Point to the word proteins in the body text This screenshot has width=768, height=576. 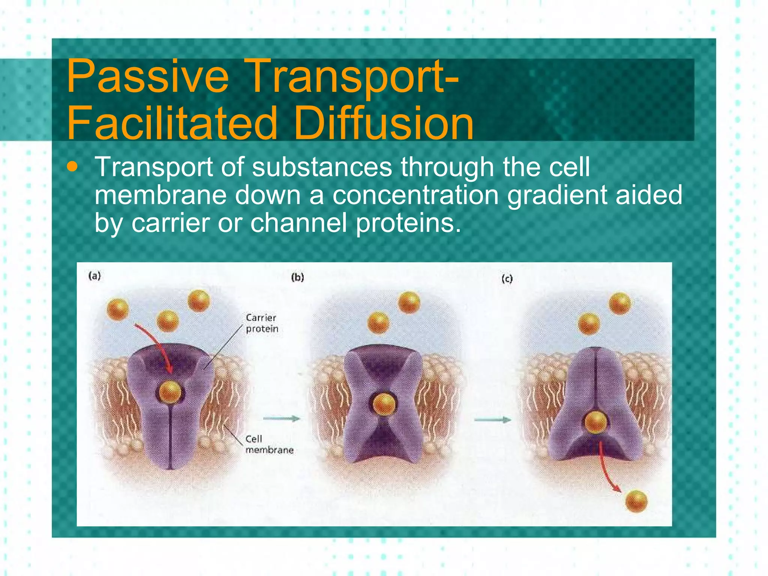pyautogui.click(x=408, y=223)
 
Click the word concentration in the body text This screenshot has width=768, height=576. pyautogui.click(x=415, y=195)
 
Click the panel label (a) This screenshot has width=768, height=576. pyautogui.click(x=94, y=276)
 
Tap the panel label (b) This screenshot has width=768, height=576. pyautogui.click(x=297, y=277)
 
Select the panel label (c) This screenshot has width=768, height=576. pyautogui.click(x=507, y=279)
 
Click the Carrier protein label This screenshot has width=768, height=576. pyautogui.click(x=262, y=323)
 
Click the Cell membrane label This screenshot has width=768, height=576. pyautogui.click(x=268, y=444)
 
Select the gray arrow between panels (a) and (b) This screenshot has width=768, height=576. pyautogui.click(x=281, y=418)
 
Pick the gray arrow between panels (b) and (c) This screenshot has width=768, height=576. pyautogui.click(x=492, y=420)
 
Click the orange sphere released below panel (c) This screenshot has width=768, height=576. pyautogui.click(x=636, y=501)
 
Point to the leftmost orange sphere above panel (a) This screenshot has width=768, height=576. pyautogui.click(x=118, y=309)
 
